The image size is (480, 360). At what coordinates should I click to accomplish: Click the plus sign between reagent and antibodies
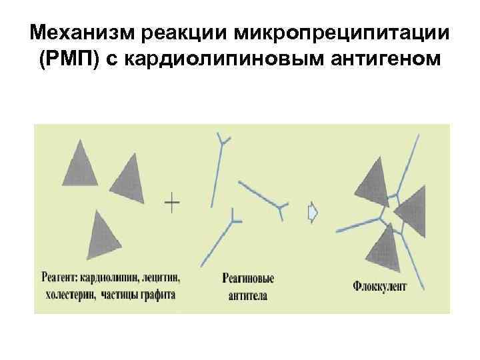[172, 202]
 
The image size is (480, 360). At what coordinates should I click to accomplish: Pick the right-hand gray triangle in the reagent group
[129, 180]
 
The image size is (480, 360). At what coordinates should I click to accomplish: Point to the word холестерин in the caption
[69, 294]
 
